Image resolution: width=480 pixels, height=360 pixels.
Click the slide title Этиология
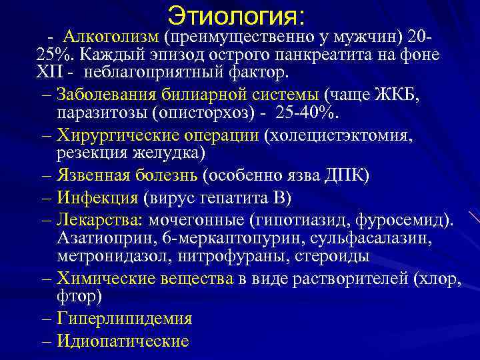pyautogui.click(x=236, y=14)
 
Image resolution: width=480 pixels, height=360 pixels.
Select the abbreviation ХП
pyautogui.click(x=49, y=71)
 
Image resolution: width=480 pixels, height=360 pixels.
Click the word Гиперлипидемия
pyautogui.click(x=125, y=319)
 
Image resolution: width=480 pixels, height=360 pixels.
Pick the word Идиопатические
pyautogui.click(x=123, y=341)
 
